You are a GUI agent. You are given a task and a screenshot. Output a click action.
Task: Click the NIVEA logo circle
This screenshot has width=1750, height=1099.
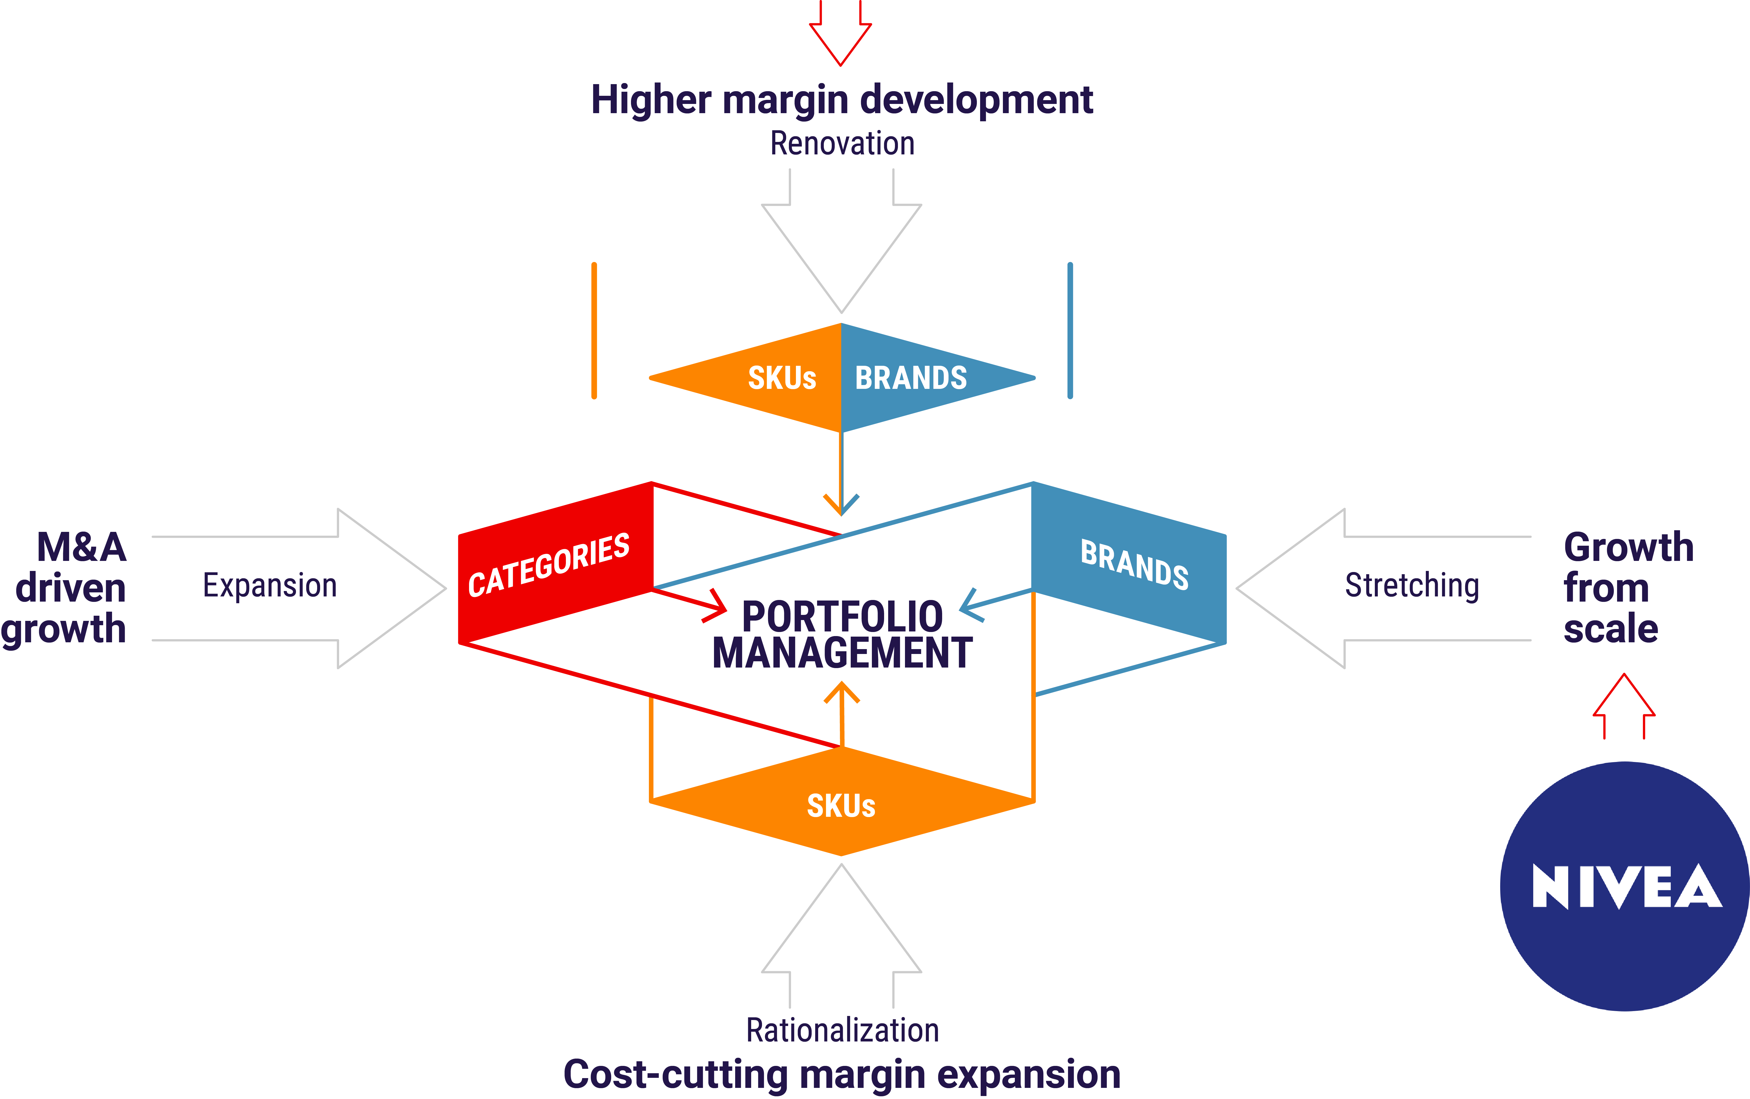click(1625, 886)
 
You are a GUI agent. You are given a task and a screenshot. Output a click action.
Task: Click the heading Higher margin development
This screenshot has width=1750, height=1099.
click(842, 100)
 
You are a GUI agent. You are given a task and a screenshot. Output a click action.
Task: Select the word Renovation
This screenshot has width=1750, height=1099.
click(842, 143)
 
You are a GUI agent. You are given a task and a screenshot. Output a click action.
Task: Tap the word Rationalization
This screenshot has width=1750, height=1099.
click(843, 1030)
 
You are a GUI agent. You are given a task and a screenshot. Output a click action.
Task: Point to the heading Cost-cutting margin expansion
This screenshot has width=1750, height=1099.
click(842, 1074)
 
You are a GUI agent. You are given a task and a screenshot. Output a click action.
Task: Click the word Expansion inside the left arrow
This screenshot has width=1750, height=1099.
click(269, 586)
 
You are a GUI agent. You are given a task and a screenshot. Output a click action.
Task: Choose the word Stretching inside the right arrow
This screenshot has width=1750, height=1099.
click(1411, 586)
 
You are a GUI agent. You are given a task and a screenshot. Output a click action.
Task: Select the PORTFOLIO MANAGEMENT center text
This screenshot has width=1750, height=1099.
click(842, 634)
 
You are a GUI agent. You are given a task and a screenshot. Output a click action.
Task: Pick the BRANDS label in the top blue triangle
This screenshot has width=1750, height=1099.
click(911, 378)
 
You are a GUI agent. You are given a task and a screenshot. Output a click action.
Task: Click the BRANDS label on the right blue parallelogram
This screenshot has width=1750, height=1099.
click(1135, 564)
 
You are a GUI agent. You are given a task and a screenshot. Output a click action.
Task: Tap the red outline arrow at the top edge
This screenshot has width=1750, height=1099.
click(840, 33)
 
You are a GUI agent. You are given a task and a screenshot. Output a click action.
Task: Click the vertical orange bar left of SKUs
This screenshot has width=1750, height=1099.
click(594, 331)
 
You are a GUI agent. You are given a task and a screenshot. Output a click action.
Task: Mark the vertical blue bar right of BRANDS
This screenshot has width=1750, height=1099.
click(1070, 331)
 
